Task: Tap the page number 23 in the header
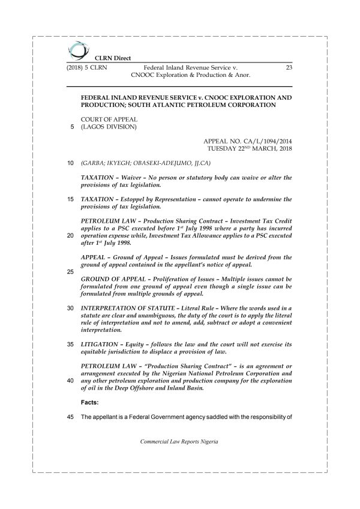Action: coord(289,68)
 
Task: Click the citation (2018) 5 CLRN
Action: coord(87,68)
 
